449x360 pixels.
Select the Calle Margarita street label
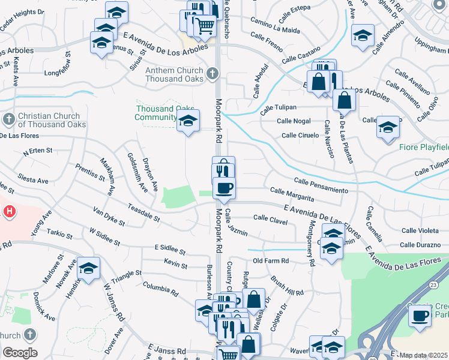coord(292,194)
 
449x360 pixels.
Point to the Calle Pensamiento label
coord(321,185)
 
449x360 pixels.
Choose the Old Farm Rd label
coord(271,261)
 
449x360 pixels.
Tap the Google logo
coord(20,353)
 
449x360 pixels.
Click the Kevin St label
coord(176,265)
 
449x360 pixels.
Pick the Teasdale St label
coord(143,212)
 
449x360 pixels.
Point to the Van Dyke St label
coord(109,217)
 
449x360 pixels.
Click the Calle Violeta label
coord(420,230)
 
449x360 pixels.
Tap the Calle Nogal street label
coord(294,121)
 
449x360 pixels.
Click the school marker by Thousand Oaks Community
coord(188,122)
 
